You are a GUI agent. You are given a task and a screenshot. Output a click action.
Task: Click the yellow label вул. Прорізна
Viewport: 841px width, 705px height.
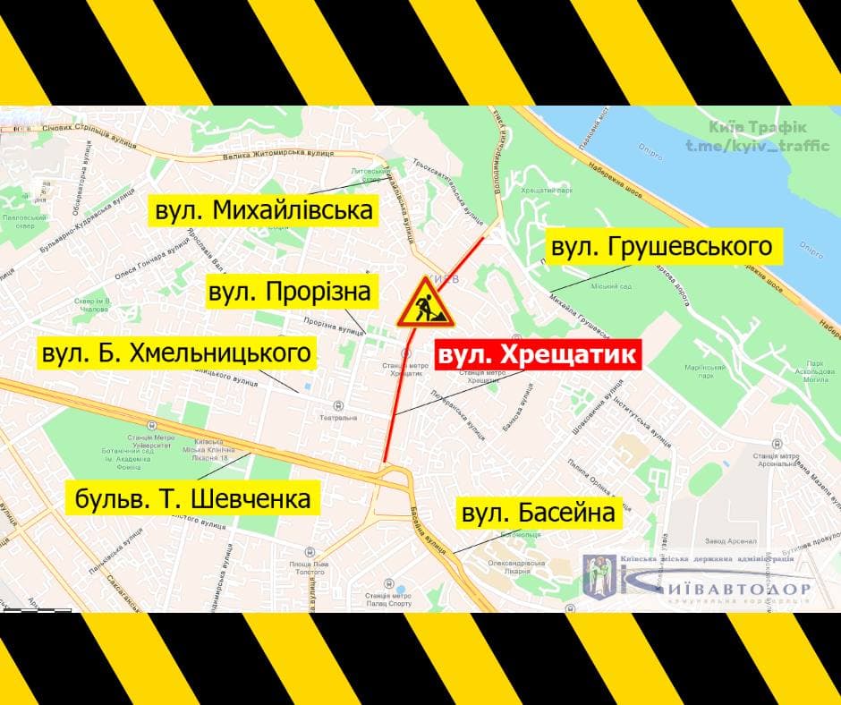289,292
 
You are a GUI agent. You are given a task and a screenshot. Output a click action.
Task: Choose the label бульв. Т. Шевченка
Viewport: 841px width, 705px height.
193,497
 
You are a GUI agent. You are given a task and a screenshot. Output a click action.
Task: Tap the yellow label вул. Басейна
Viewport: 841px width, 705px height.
539,514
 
